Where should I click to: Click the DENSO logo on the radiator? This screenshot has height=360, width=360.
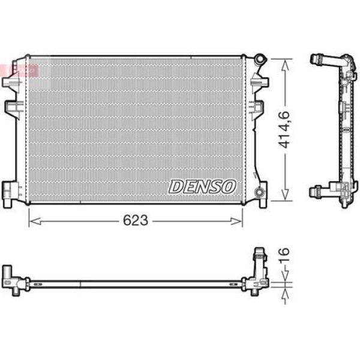coord(202,186)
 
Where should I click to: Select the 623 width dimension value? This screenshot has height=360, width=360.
coord(136,221)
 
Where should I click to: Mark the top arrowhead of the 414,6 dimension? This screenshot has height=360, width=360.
coord(282,62)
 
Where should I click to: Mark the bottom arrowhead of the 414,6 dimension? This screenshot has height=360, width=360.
coord(282,197)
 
